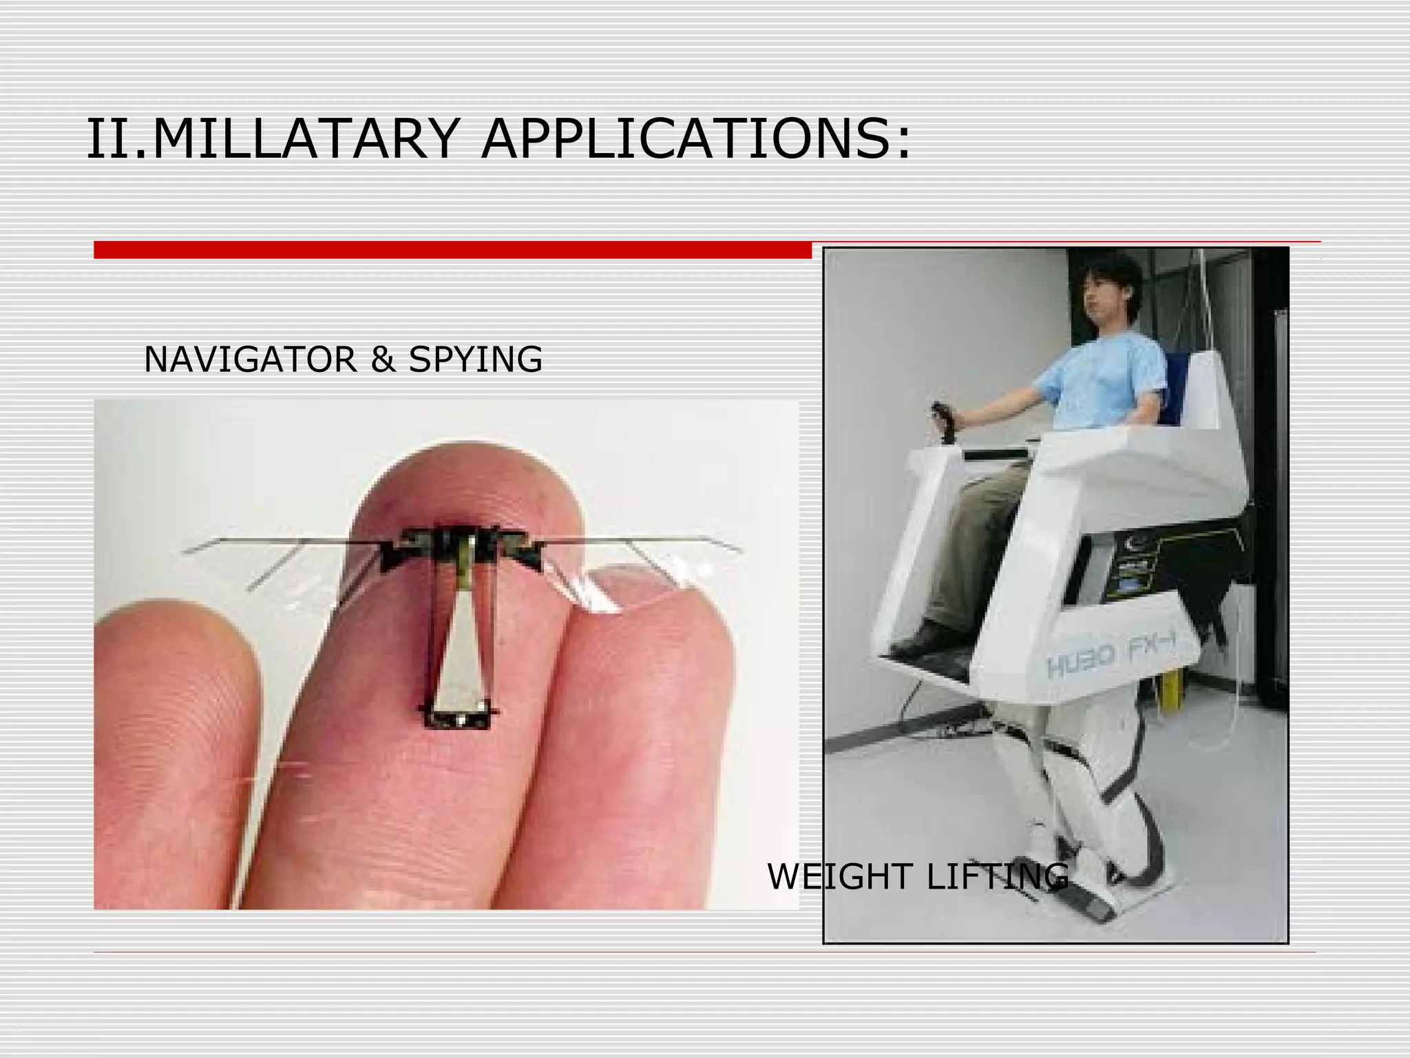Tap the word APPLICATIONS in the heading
[695, 139]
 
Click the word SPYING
[475, 360]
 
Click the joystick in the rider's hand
[943, 419]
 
